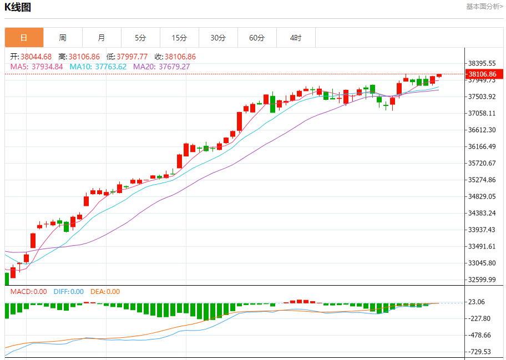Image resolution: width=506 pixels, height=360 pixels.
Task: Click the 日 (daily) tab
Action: coord(24,38)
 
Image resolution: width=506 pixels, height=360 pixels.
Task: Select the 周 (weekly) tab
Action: coord(63,38)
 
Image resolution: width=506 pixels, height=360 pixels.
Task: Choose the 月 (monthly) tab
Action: coord(102,38)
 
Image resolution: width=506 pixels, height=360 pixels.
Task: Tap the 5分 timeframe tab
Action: coord(140,38)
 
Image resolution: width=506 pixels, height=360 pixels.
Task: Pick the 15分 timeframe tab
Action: coord(179,38)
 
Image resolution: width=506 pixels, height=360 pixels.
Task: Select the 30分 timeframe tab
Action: coord(218,38)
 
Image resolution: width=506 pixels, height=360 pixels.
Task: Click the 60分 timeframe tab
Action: coord(257,38)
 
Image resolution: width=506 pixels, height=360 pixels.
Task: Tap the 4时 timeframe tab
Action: coord(296,38)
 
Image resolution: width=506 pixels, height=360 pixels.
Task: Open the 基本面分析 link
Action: coord(484,7)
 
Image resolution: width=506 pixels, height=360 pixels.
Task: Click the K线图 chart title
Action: coord(18,8)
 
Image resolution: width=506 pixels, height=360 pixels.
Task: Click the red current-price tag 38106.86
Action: coord(482,74)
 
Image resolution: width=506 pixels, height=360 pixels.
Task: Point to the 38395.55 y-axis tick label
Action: coord(482,63)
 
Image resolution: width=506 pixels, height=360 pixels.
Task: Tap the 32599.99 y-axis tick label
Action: coord(482,280)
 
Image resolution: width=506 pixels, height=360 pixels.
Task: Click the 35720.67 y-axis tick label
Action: coord(482,163)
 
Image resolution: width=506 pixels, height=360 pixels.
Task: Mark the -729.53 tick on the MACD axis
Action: coord(480,352)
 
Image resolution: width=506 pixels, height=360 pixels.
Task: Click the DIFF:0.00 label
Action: coord(69,292)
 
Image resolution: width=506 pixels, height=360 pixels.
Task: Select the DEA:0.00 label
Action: coord(105,292)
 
